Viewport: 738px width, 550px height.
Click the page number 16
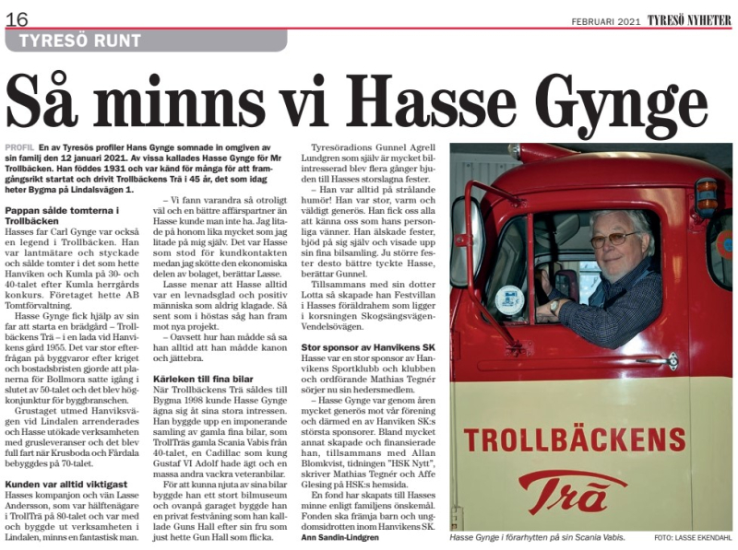click(17, 18)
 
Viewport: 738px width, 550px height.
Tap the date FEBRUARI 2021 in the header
click(605, 19)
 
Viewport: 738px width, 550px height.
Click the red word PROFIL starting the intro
click(19, 146)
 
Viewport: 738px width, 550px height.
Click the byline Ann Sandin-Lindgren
click(347, 537)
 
